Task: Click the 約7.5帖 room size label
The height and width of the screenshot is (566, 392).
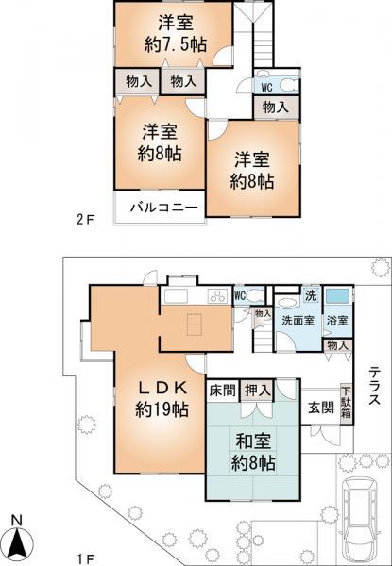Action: pos(174,45)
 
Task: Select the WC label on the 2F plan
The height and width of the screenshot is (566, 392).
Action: pos(268,88)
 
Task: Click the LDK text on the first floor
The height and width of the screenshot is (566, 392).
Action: pos(160,388)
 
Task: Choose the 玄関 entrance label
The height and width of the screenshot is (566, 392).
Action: pos(319,408)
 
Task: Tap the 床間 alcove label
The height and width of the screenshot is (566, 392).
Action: pos(222,389)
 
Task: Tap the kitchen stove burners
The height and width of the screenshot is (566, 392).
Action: pos(217,294)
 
